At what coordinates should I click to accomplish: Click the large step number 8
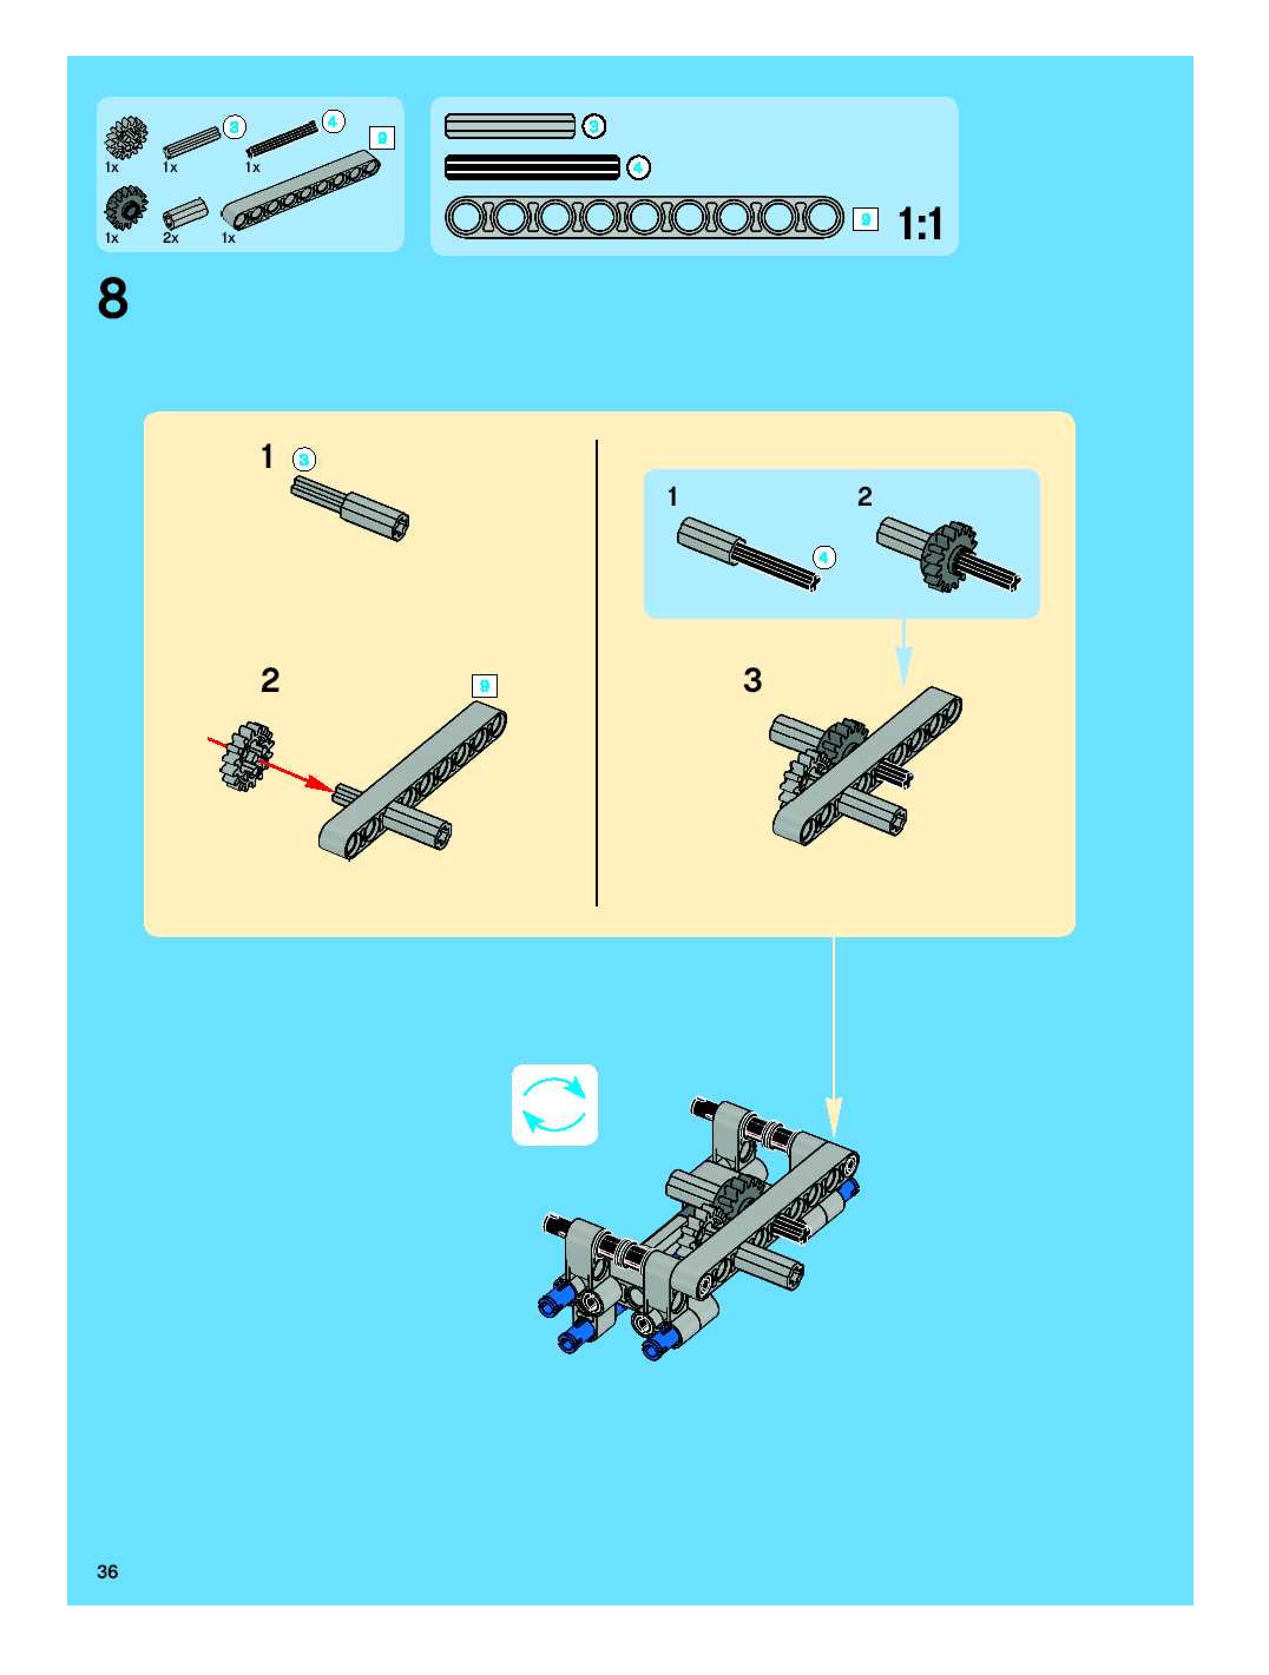pos(113,299)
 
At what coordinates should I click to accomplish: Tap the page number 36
pos(107,1571)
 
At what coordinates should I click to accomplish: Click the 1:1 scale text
pos(920,224)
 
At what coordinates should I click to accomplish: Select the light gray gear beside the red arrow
pos(245,756)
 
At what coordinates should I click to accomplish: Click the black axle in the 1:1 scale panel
pos(532,167)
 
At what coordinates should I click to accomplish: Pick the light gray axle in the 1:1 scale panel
pos(510,126)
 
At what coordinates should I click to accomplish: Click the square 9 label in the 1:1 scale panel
pos(865,220)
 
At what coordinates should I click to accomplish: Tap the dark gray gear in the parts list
pos(126,207)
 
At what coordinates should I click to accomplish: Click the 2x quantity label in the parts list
pos(170,238)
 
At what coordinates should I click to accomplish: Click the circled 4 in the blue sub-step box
pos(824,558)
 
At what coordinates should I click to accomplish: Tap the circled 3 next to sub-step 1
pos(304,460)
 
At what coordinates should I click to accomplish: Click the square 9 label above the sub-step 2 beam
pos(484,686)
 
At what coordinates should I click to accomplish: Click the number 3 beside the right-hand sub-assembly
pos(752,680)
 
